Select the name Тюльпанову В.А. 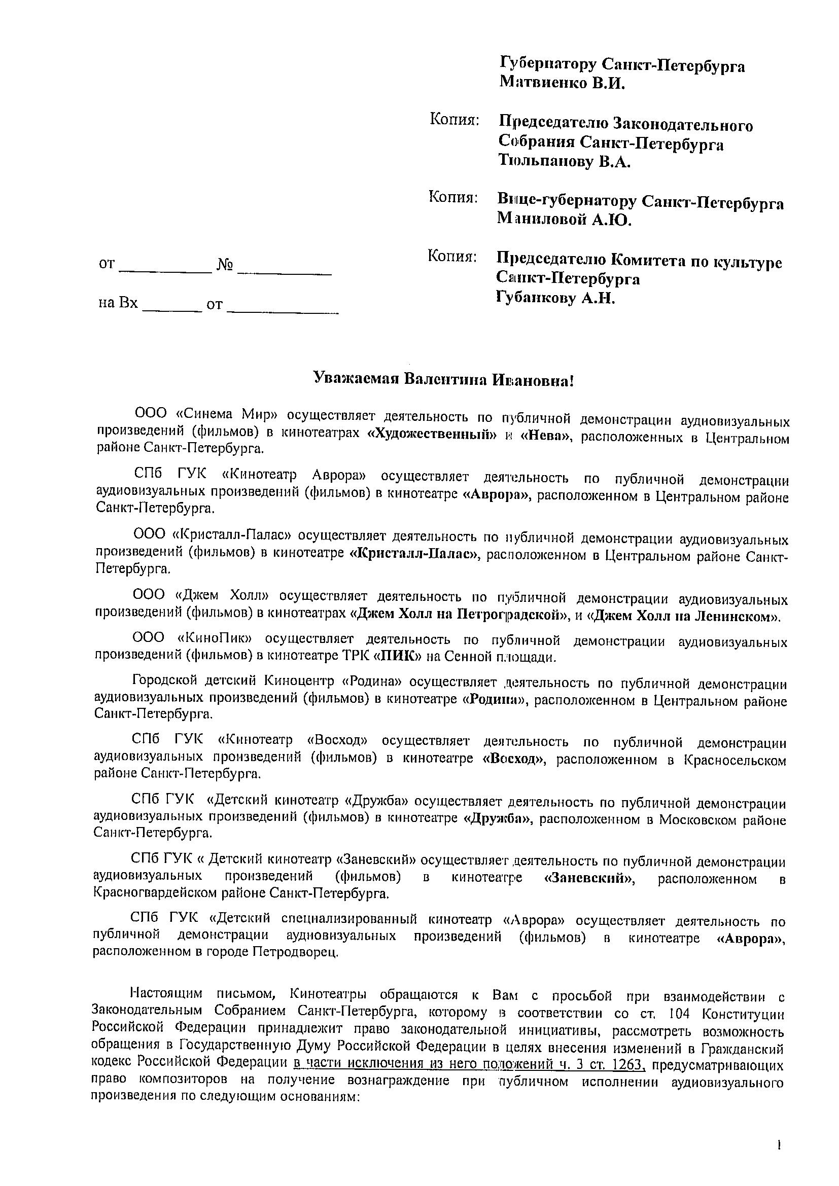[x=565, y=162]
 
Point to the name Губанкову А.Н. [x=555, y=298]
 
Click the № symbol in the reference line [x=225, y=266]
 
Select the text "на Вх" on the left [x=118, y=303]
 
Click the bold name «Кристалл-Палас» [x=414, y=555]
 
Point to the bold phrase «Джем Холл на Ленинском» [x=684, y=616]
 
